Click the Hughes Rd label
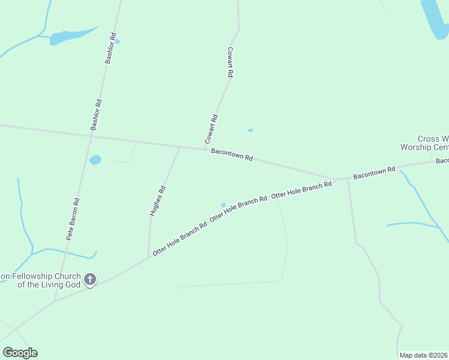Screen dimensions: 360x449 pyautogui.click(x=157, y=201)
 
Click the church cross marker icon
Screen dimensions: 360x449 pyautogui.click(x=90, y=280)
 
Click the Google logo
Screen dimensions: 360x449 pyautogui.click(x=20, y=353)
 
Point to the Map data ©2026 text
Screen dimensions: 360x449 pyautogui.click(x=424, y=355)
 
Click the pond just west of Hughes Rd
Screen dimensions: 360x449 pyautogui.click(x=95, y=160)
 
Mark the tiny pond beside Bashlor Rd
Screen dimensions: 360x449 pyautogui.click(x=117, y=41)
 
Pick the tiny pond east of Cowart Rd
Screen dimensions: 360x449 pyautogui.click(x=250, y=130)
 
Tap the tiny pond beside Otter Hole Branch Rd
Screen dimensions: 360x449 pyautogui.click(x=223, y=205)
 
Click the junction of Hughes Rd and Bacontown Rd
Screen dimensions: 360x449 pyautogui.click(x=179, y=146)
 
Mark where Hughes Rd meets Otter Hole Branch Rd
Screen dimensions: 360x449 pyautogui.click(x=148, y=257)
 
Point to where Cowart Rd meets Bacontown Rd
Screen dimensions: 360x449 pyautogui.click(x=205, y=148)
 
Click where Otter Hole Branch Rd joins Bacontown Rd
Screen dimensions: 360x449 pyautogui.click(x=334, y=179)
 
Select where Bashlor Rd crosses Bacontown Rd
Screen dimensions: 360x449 pyautogui.click(x=91, y=136)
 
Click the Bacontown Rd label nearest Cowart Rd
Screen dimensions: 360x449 pyautogui.click(x=232, y=155)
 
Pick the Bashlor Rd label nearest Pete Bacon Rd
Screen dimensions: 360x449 pyautogui.click(x=96, y=115)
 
